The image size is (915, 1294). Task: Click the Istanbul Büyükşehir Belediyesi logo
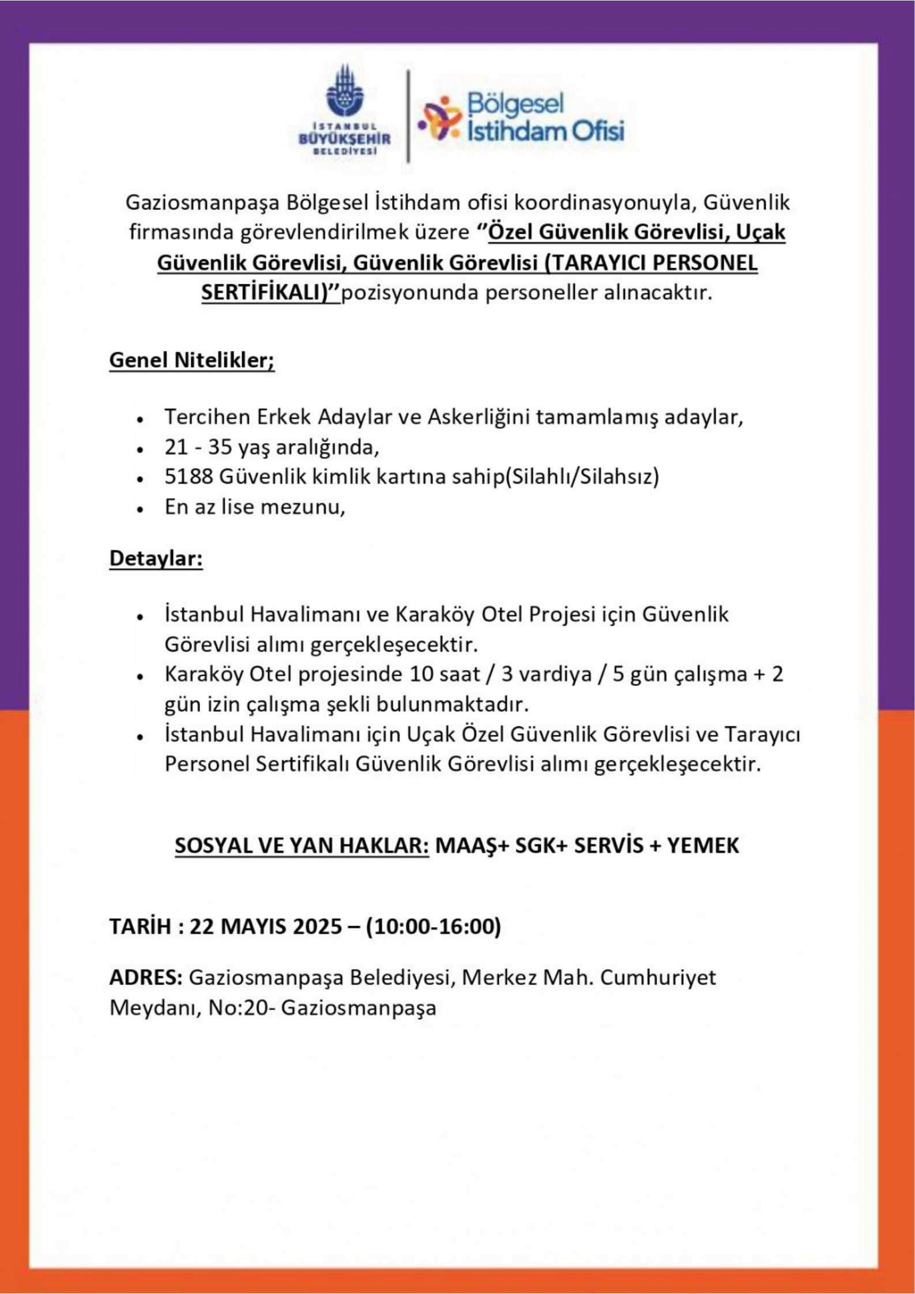(x=345, y=110)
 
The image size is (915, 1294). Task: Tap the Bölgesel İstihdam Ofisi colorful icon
(x=440, y=119)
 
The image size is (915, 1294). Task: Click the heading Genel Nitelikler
(x=191, y=360)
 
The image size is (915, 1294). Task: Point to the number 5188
(x=189, y=477)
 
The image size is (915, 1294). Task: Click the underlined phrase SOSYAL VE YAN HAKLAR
(x=302, y=845)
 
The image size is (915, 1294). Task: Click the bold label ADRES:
(x=146, y=978)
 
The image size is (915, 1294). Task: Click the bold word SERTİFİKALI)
(x=271, y=293)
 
